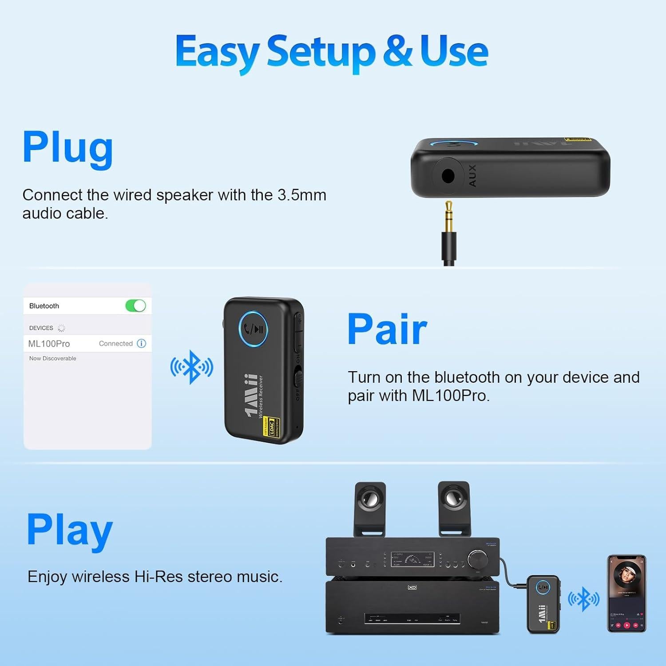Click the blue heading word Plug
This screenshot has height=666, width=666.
click(67, 148)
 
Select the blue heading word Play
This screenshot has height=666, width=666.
click(70, 530)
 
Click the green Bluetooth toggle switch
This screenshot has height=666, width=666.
click(135, 306)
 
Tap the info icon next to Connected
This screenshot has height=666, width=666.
click(142, 343)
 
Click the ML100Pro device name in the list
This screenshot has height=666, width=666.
click(49, 344)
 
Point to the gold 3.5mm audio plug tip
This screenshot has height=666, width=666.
click(448, 211)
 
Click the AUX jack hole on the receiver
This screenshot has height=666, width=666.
click(448, 176)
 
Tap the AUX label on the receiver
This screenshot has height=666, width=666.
click(472, 175)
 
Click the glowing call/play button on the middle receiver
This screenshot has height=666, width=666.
click(253, 329)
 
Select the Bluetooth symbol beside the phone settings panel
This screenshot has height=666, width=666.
click(192, 367)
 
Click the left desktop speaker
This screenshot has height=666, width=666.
click(369, 508)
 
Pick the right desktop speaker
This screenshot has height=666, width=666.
click(454, 508)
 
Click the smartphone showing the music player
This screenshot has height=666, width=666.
click(626, 593)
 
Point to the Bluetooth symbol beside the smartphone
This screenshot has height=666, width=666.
click(584, 599)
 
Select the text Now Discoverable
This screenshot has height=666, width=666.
click(52, 358)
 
